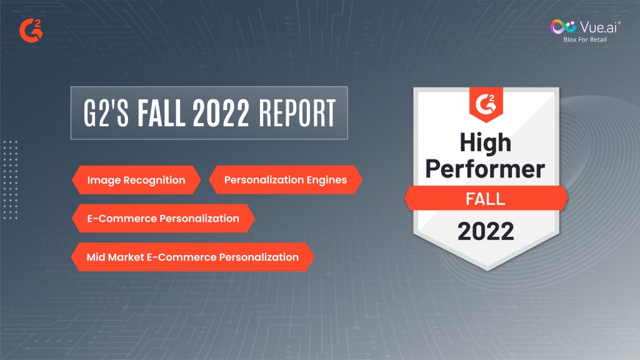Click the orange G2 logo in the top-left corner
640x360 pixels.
tap(31, 31)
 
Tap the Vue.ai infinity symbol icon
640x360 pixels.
tap(563, 27)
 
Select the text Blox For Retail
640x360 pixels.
tap(585, 39)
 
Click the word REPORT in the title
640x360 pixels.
tap(297, 113)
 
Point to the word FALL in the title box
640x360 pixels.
tap(161, 113)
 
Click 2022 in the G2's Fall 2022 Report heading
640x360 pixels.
tap(221, 113)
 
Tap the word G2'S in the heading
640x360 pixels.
tap(106, 113)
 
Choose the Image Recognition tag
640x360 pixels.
tap(136, 180)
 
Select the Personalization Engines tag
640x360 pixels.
tap(285, 179)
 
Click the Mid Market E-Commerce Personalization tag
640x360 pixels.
tap(192, 257)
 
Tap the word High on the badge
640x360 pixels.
tap(485, 143)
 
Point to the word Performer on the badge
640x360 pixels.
tap(485, 169)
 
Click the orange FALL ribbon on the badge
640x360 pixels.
tap(486, 198)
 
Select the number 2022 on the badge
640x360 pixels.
tap(486, 231)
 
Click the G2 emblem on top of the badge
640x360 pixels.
tap(486, 104)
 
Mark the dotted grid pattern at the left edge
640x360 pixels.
tap(10, 180)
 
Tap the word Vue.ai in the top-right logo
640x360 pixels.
tap(599, 27)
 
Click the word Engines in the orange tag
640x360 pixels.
tap(326, 181)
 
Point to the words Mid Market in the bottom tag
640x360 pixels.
tap(115, 257)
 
